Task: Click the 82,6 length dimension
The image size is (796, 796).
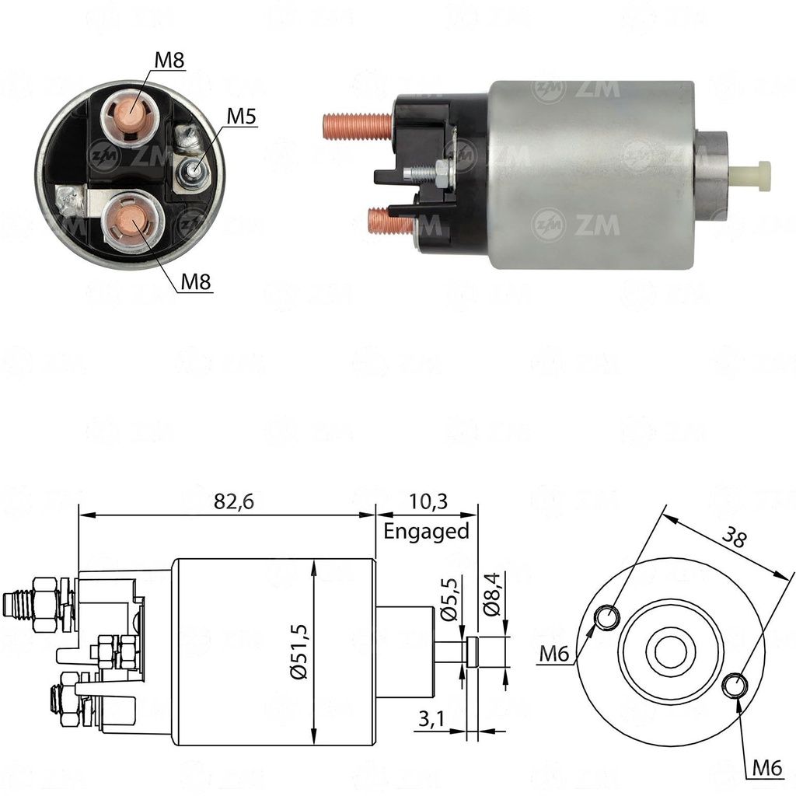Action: [234, 502]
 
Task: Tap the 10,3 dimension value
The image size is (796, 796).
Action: [427, 502]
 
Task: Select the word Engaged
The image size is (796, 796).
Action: [427, 531]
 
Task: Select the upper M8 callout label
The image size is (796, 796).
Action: [169, 61]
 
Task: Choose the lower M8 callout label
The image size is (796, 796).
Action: [197, 282]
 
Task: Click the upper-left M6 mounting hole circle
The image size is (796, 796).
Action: [608, 617]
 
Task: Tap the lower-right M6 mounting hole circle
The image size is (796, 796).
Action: [735, 685]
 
